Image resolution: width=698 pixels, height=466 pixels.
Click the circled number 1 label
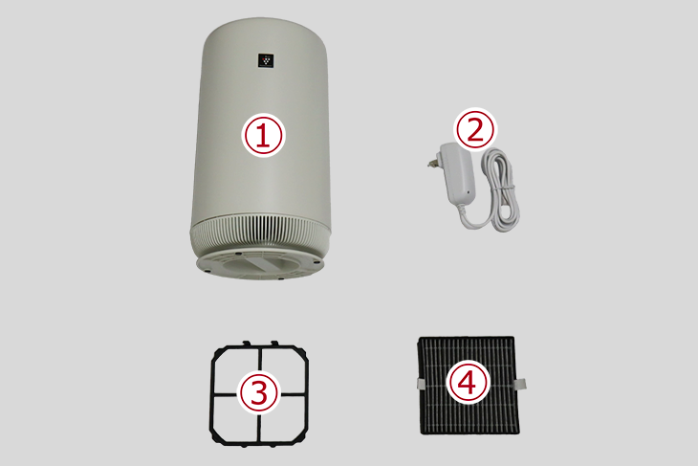[263, 135]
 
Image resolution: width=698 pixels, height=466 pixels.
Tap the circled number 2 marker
[475, 129]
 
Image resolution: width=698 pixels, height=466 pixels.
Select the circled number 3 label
[259, 393]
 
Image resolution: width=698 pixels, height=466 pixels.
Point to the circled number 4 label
[468, 383]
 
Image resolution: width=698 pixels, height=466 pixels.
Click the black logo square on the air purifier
[266, 61]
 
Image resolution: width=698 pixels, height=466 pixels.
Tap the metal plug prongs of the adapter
[431, 164]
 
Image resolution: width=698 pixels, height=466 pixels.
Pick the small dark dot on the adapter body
[468, 192]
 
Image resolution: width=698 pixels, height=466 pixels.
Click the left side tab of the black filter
[422, 383]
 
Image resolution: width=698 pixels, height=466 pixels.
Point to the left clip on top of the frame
[246, 344]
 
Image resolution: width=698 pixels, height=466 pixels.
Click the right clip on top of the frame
[275, 344]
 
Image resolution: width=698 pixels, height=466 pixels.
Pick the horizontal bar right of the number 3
[293, 394]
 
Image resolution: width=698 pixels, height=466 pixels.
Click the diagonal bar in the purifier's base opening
[265, 264]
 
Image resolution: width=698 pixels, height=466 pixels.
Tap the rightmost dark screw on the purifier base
[316, 261]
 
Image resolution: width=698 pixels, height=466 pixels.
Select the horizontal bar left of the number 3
[226, 394]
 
